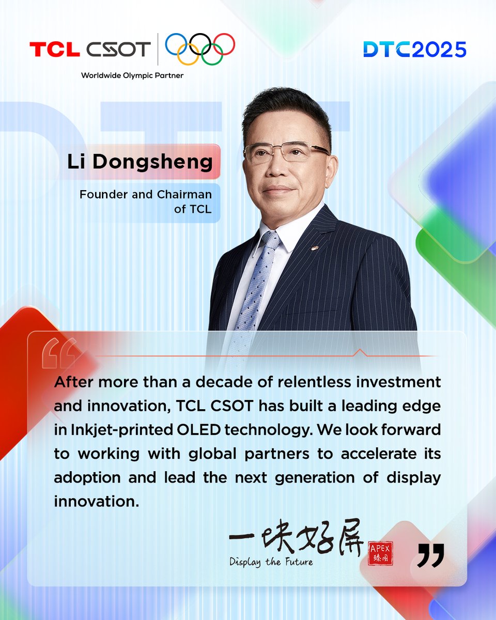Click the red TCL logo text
click(x=54, y=50)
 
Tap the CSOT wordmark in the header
click(x=118, y=50)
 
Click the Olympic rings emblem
click(x=200, y=50)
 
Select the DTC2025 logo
click(x=414, y=49)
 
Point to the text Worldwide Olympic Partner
click(x=132, y=75)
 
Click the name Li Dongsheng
click(x=139, y=162)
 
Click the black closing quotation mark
click(x=430, y=555)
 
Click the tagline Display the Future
click(x=271, y=562)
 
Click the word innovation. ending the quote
click(x=96, y=501)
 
